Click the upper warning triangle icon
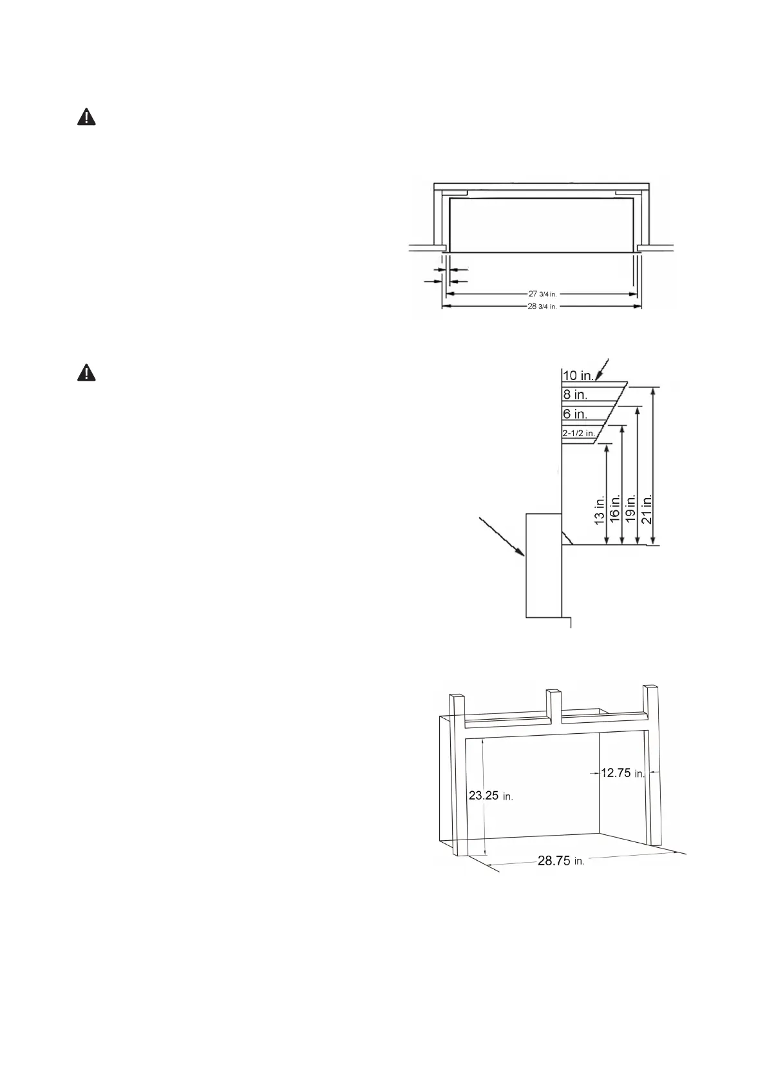pyautogui.click(x=86, y=117)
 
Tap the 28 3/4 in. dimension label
pyautogui.click(x=542, y=307)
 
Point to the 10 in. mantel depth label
pyautogui.click(x=578, y=375)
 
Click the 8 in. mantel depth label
pyautogui.click(x=575, y=394)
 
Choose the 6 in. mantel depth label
pyautogui.click(x=575, y=414)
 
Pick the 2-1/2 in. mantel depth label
pyautogui.click(x=578, y=434)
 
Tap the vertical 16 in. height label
pyautogui.click(x=615, y=509)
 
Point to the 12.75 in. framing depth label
pyautogui.click(x=622, y=773)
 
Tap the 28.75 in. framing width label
pyautogui.click(x=561, y=861)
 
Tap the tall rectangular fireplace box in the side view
pyautogui.click(x=544, y=565)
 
